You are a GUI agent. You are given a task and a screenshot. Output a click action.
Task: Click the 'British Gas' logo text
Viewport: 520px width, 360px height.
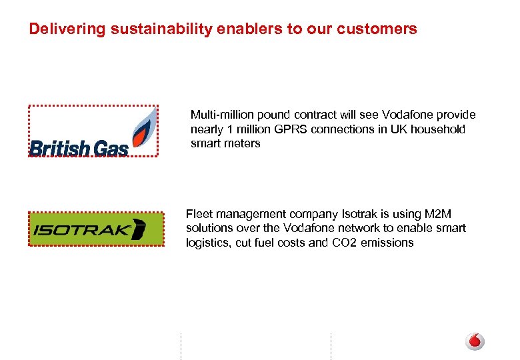pos(79,147)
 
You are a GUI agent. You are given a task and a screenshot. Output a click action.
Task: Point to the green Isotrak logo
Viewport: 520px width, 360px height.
pos(96,229)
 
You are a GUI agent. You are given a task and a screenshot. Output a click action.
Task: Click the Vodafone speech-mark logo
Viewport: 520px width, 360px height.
pos(475,341)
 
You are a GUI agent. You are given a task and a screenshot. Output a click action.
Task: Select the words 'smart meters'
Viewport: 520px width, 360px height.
pos(225,143)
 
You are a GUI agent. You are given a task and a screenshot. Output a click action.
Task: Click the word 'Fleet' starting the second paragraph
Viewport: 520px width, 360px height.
pos(199,214)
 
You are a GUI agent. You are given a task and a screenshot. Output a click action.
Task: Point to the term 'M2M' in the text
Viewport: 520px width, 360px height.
pos(437,214)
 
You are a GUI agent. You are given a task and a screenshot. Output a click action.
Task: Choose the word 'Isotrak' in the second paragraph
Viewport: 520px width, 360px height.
pos(361,214)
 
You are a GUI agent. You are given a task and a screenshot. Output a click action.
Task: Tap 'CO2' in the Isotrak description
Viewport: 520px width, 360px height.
pos(343,243)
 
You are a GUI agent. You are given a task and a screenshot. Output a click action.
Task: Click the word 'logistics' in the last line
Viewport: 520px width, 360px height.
pos(207,243)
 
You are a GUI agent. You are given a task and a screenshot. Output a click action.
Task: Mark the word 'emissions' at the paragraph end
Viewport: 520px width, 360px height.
pos(387,243)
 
